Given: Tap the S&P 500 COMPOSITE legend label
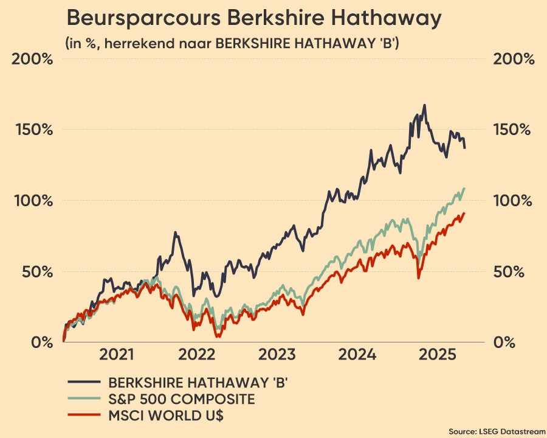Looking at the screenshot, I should [182, 399].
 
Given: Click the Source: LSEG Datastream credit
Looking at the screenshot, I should [497, 430].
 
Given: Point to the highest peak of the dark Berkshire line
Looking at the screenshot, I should [424, 105].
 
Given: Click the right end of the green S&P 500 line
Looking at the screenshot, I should [464, 189].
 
